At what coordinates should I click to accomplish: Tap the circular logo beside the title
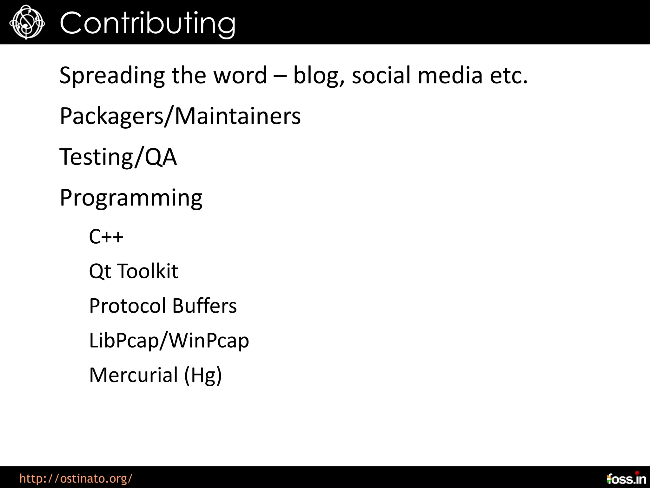(27, 22)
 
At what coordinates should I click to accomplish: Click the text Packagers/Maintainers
(180, 116)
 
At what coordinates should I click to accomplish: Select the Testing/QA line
(118, 157)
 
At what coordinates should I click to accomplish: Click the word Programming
(131, 198)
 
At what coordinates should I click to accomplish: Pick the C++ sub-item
(106, 237)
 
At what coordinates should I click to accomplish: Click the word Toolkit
(148, 271)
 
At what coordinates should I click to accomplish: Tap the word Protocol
(128, 306)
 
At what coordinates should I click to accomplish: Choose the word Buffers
(204, 306)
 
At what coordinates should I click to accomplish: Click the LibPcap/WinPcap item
(169, 341)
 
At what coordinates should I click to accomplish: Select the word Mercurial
(134, 375)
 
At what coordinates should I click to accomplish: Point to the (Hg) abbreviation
(203, 375)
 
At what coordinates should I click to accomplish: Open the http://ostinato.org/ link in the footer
(76, 478)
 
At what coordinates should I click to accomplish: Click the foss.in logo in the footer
(626, 478)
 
